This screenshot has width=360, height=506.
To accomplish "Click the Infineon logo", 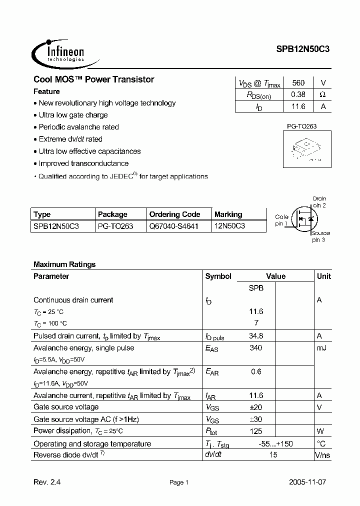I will tap(58, 51).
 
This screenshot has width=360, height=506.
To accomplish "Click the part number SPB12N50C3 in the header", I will tap(303, 49).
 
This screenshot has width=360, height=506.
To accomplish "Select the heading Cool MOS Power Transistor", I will tap(93, 79).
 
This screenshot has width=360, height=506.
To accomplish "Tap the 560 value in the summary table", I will tap(298, 83).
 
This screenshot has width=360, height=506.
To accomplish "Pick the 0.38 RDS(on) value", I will tap(298, 94).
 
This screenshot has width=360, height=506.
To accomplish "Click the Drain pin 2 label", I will tap(319, 201).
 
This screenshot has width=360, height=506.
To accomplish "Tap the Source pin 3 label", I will tap(319, 236).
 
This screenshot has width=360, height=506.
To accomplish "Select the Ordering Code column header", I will tap(174, 214).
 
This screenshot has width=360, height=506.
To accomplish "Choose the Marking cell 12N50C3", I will tap(229, 226).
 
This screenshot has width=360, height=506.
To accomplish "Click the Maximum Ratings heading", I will tap(64, 264).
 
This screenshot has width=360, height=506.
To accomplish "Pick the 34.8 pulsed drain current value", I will tap(256, 336).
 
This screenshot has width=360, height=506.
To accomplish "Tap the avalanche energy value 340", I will tap(256, 348).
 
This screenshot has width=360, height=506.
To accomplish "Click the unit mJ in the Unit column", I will tap(321, 348).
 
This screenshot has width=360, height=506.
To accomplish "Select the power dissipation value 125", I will tap(256, 431).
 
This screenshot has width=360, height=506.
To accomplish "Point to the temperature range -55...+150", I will tap(275, 443).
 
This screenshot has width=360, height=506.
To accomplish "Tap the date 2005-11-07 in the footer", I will tap(307, 482).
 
